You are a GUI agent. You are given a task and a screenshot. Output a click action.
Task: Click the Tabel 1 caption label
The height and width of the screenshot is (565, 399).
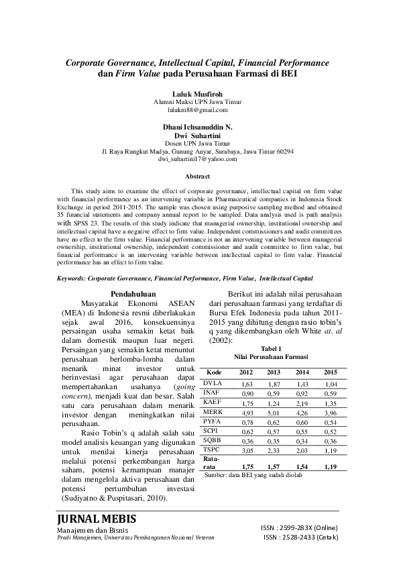click(271, 348)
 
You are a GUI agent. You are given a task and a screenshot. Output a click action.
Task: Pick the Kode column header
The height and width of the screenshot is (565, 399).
click(215, 372)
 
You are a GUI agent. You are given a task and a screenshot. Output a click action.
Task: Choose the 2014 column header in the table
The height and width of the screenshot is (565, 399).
click(302, 372)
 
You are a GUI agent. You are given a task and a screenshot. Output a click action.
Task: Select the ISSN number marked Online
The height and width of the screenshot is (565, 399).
click(299, 529)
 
